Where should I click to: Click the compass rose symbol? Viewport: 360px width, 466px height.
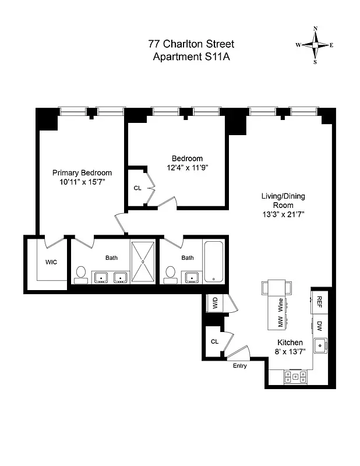tap(315, 45)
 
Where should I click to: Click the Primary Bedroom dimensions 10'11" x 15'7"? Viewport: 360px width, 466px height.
tap(82, 182)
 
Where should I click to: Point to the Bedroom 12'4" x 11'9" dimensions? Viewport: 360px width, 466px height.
tap(188, 168)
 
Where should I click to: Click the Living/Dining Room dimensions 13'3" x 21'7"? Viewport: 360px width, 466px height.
tap(283, 214)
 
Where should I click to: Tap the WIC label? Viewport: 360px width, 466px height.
tap(51, 262)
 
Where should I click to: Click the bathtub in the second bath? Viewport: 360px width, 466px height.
tap(214, 262)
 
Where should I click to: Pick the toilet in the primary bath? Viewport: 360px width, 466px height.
tap(81, 274)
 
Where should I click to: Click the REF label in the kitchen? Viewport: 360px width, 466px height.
tap(320, 301)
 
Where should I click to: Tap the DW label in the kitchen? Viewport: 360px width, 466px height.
tap(320, 325)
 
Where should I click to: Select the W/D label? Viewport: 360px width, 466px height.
tap(215, 303)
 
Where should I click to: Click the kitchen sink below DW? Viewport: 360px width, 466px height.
tap(320, 347)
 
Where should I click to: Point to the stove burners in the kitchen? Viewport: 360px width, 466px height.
tap(295, 376)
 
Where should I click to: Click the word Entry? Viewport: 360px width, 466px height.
tap(239, 366)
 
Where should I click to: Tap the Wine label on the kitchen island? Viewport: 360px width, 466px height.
tap(280, 303)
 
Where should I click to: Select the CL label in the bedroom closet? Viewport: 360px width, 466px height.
tap(137, 188)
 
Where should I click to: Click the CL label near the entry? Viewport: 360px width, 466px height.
tap(214, 341)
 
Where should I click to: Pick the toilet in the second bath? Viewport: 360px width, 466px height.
tap(171, 274)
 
